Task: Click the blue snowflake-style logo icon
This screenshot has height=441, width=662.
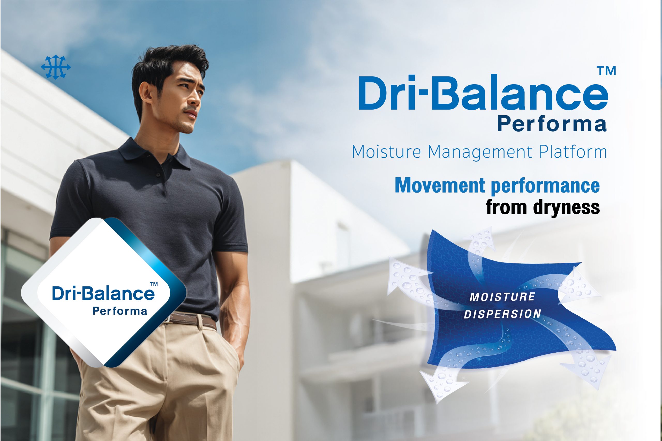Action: pos(56,67)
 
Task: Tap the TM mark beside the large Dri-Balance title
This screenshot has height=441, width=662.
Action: pos(607,71)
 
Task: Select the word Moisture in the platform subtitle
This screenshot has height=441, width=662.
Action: pos(386,152)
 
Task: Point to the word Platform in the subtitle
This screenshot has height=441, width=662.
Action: pos(573,152)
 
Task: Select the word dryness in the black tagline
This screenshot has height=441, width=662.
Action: pos(566,208)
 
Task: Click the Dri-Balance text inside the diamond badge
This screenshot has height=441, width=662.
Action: pos(103,293)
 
